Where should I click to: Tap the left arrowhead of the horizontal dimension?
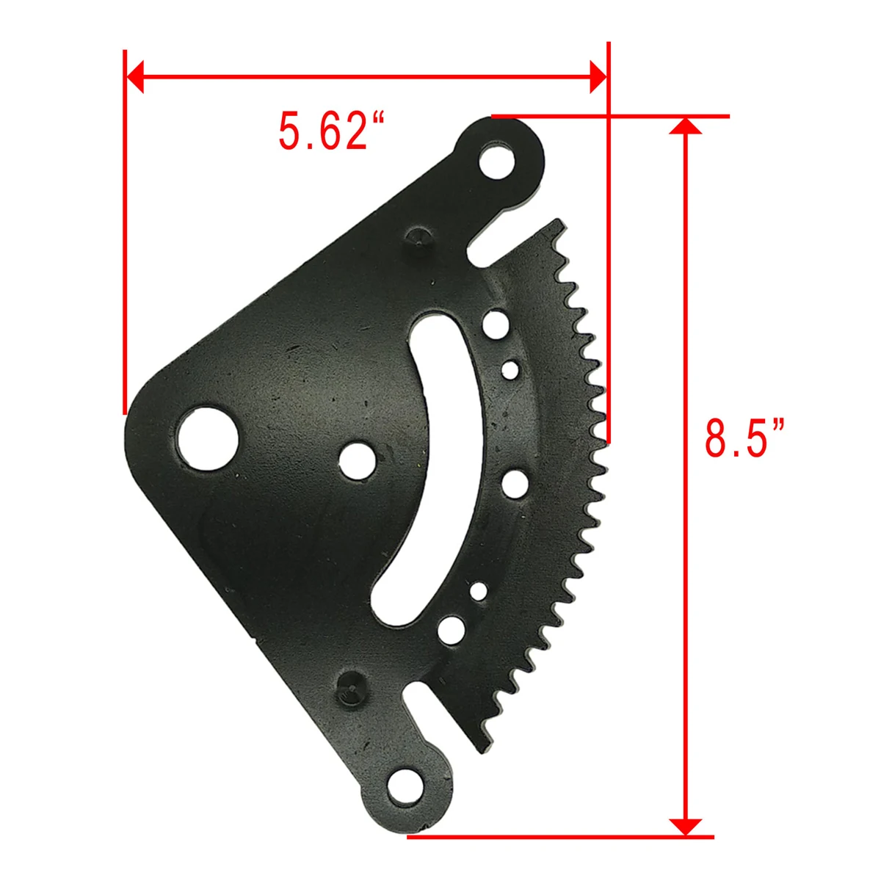(135, 76)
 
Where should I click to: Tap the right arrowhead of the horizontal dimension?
(598, 76)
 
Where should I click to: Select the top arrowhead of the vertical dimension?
(685, 126)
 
